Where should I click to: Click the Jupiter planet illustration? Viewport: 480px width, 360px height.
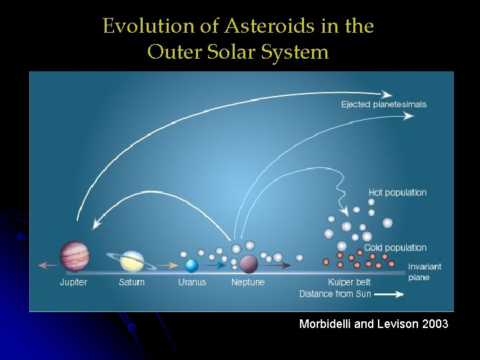[x=74, y=256]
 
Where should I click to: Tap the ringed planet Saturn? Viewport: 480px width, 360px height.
[x=133, y=261]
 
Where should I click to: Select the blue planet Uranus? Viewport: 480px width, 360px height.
[x=192, y=265]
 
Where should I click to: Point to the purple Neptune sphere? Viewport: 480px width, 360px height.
[x=249, y=264]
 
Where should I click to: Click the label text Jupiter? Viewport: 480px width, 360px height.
[x=73, y=282]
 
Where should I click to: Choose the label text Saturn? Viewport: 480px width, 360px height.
[x=131, y=282]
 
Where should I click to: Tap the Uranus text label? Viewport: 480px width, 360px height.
[x=192, y=282]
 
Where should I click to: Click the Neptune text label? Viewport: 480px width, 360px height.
[x=248, y=282]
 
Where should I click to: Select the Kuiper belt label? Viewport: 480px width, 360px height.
[x=349, y=282]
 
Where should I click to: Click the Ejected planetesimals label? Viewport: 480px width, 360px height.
[x=383, y=104]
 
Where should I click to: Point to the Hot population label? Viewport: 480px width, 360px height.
[x=397, y=193]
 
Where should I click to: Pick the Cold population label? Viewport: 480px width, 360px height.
[x=395, y=247]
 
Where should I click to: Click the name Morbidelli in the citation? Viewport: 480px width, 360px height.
[x=325, y=324]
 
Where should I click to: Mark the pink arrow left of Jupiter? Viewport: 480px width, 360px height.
[x=47, y=265]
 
